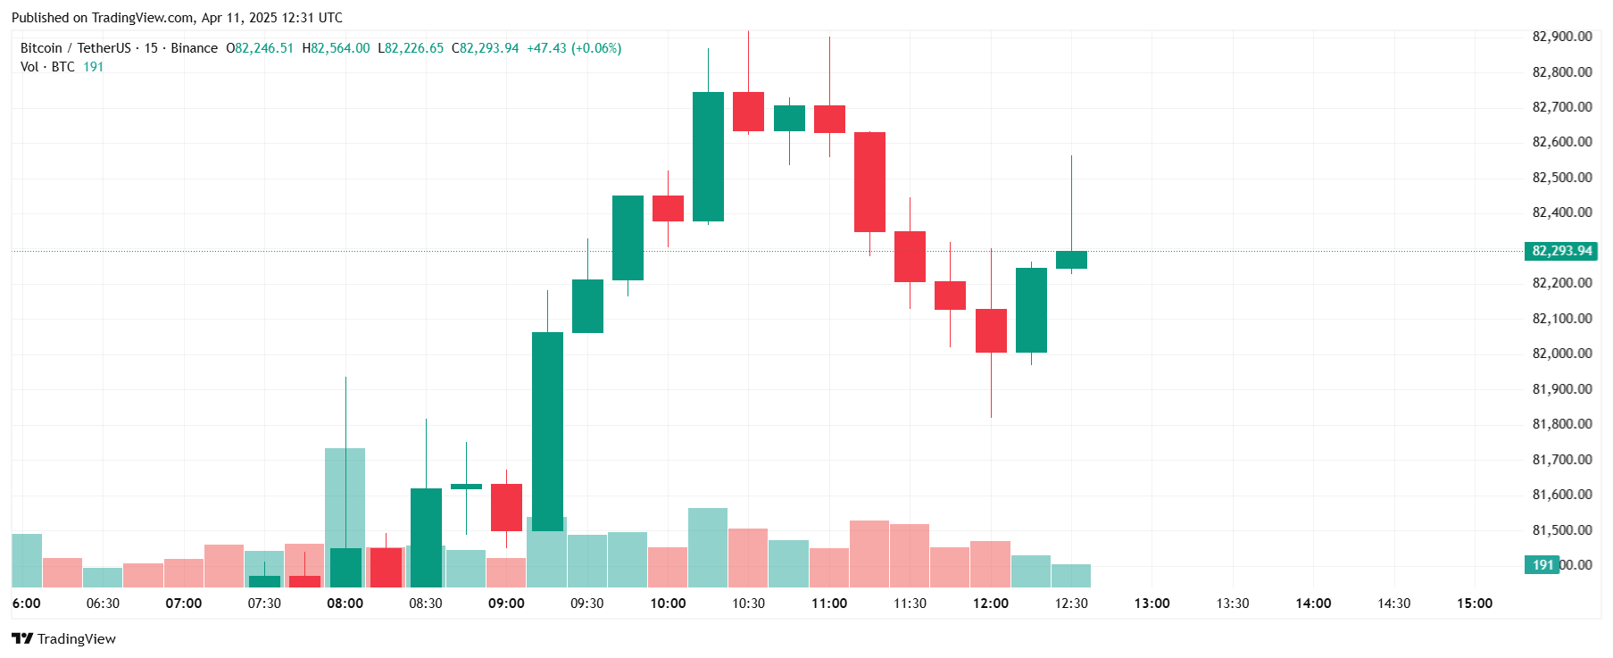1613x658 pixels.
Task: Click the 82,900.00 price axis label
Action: coord(1561,37)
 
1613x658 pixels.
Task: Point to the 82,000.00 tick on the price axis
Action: coord(1561,354)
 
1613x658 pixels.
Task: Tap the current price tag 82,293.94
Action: coord(1561,251)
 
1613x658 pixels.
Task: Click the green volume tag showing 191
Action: coord(1542,564)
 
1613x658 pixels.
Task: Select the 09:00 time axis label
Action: coord(506,604)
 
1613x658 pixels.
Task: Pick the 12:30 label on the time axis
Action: coord(1071,604)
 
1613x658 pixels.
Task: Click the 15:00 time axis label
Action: coord(1475,604)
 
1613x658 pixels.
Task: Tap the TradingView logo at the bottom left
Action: coord(63,638)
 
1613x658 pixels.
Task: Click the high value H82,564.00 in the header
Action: coord(336,48)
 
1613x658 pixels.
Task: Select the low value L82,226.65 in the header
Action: coord(411,48)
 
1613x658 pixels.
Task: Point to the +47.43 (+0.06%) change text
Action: coord(574,48)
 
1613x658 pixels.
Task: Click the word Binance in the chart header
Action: coord(194,48)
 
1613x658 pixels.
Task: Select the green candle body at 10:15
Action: coord(708,156)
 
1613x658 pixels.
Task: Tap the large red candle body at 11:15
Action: coord(869,182)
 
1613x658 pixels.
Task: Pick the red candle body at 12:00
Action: coord(991,330)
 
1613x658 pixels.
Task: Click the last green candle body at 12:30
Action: coord(1071,260)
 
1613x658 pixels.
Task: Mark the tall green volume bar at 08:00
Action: coord(345,500)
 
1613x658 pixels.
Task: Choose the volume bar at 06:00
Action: coord(27,560)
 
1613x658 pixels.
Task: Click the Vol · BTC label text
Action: coord(47,67)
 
